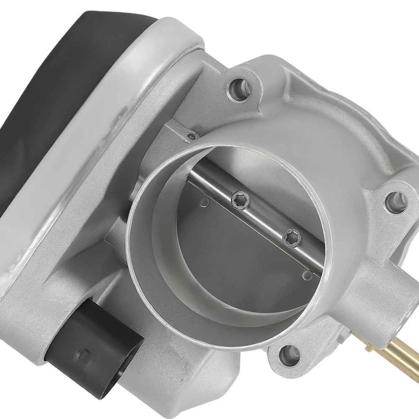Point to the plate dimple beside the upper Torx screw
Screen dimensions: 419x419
[x=205, y=202]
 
